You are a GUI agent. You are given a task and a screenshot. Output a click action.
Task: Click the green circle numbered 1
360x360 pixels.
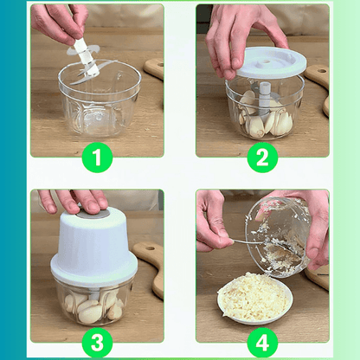tap(97, 157)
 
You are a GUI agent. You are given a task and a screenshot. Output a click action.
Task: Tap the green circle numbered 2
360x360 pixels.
tap(262, 157)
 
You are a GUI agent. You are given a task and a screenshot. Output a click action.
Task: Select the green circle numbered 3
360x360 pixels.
tap(97, 343)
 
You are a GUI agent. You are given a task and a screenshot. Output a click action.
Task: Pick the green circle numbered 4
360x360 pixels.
tap(262, 343)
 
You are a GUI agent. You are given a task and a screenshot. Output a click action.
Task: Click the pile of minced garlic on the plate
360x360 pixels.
tap(254, 296)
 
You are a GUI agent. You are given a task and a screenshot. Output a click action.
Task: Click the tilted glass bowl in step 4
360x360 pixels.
tap(279, 237)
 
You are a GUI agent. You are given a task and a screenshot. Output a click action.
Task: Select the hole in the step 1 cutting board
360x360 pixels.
tap(159, 65)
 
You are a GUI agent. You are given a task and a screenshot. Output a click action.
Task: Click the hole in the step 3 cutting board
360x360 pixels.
tap(150, 248)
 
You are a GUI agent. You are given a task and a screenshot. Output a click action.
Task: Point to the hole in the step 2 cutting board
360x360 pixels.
tap(322, 71)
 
